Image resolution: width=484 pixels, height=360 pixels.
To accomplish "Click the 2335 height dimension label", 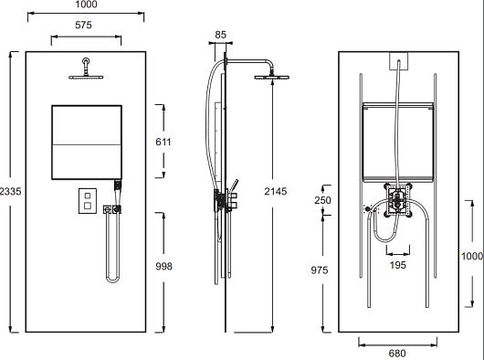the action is [x=10, y=192].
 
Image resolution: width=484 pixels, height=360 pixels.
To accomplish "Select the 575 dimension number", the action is [x=83, y=25].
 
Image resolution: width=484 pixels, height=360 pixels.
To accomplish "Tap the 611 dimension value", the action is [x=163, y=142].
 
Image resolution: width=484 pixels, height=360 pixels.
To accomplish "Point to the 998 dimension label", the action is [x=163, y=266].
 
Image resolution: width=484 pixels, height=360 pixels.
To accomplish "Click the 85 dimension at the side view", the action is [x=220, y=35].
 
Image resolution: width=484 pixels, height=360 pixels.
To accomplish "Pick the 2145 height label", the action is [x=276, y=192].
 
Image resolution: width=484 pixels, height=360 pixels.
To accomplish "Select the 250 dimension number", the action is [x=322, y=200].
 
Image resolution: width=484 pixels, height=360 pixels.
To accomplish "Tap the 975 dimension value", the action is [x=320, y=270].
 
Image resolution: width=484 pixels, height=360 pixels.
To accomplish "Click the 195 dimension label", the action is [x=397, y=265].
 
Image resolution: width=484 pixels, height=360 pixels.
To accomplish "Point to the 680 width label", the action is [x=397, y=354].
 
